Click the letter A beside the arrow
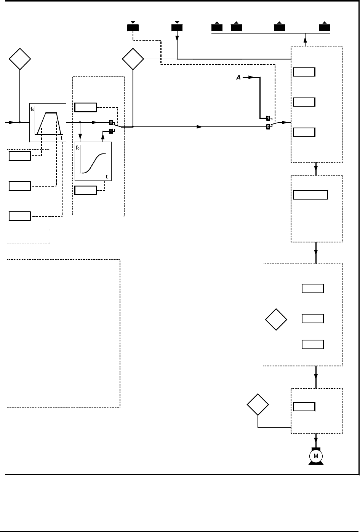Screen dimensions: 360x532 coord(239,77)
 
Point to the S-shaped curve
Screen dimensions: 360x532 coord(93,162)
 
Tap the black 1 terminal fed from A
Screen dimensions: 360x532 coord(268,118)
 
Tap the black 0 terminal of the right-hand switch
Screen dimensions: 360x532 coord(268,126)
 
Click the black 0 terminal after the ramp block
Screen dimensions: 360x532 coord(111,123)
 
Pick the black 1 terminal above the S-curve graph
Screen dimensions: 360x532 coord(111,131)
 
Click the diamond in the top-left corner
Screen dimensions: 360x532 coord(20,59)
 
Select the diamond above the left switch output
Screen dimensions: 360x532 coord(133,59)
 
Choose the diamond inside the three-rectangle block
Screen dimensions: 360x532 coord(276,320)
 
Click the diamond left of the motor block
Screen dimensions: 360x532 coord(258,405)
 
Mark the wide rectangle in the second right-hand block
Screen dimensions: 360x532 coord(310,194)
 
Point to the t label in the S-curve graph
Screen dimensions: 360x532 coord(107,177)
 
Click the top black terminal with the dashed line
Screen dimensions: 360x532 coord(133,28)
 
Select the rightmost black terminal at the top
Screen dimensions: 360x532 coord(325,28)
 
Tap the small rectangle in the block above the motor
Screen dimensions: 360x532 coord(304,407)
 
